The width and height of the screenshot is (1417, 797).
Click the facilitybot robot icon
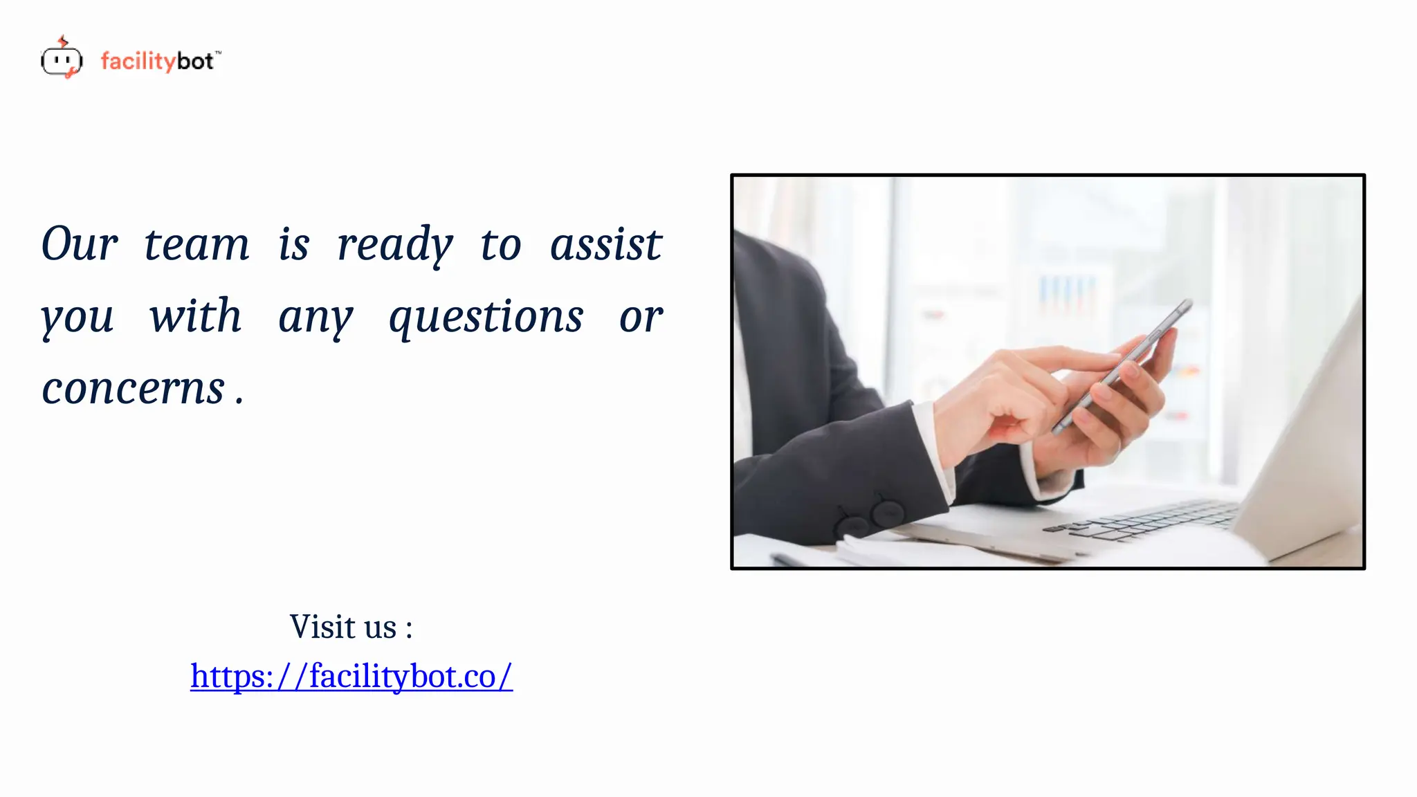coord(62,59)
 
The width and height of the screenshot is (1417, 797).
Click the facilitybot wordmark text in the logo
coord(160,62)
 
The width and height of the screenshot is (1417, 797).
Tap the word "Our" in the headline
coord(80,244)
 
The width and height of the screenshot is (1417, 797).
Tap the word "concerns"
coord(134,389)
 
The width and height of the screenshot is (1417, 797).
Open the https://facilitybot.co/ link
coord(351,676)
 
